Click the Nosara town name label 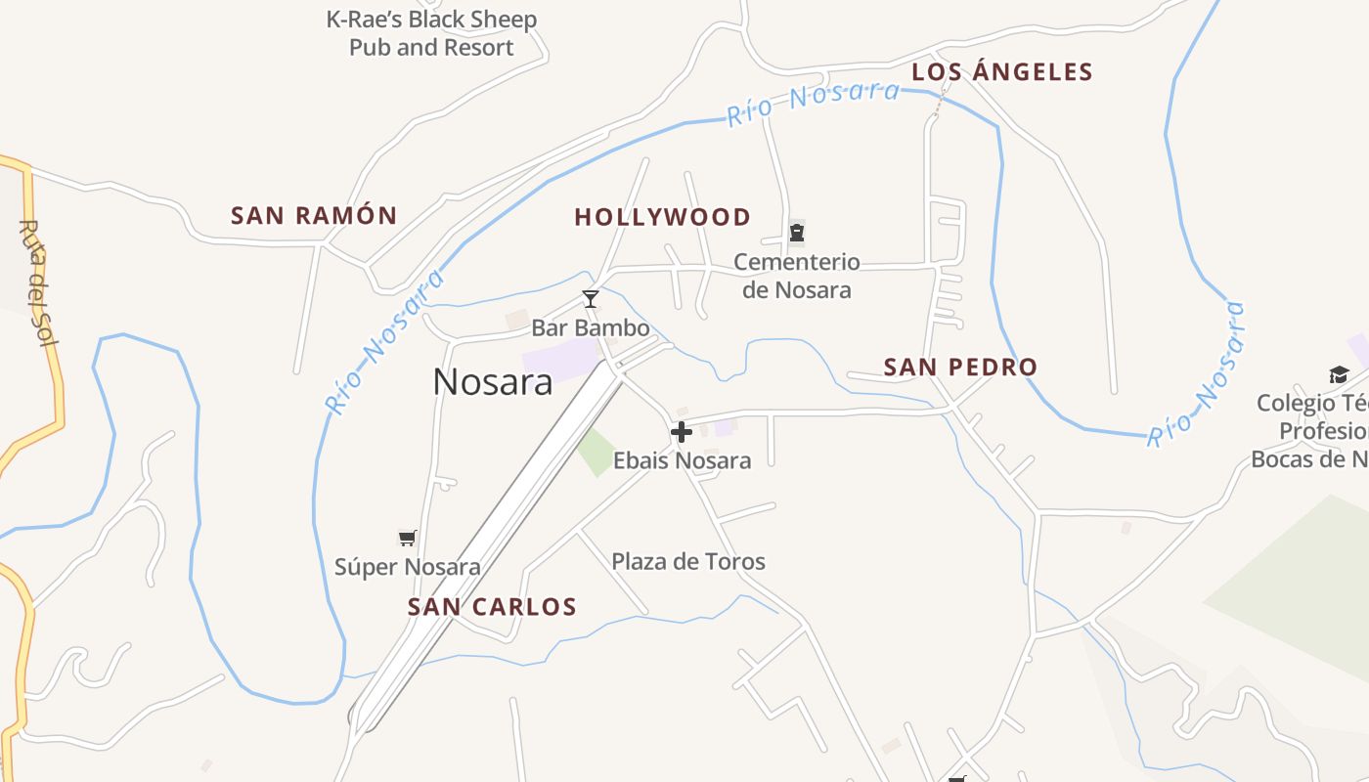coord(493,381)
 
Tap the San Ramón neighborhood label coord(314,216)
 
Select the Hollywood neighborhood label coord(662,217)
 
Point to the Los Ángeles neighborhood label coord(1001,71)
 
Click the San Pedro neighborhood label coord(960,368)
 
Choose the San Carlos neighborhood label coord(492,607)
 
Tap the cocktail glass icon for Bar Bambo coord(590,298)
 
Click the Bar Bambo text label coord(591,327)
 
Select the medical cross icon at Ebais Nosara coord(682,431)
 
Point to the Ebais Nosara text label coord(682,460)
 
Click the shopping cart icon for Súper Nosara coord(408,538)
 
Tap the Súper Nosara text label coord(408,567)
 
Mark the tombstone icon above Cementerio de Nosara coord(797,233)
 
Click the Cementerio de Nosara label coord(797,276)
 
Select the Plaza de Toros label coord(688,561)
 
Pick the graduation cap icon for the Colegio coord(1339,374)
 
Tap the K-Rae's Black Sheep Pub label coord(431,33)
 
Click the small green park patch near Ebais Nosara coord(596,453)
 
